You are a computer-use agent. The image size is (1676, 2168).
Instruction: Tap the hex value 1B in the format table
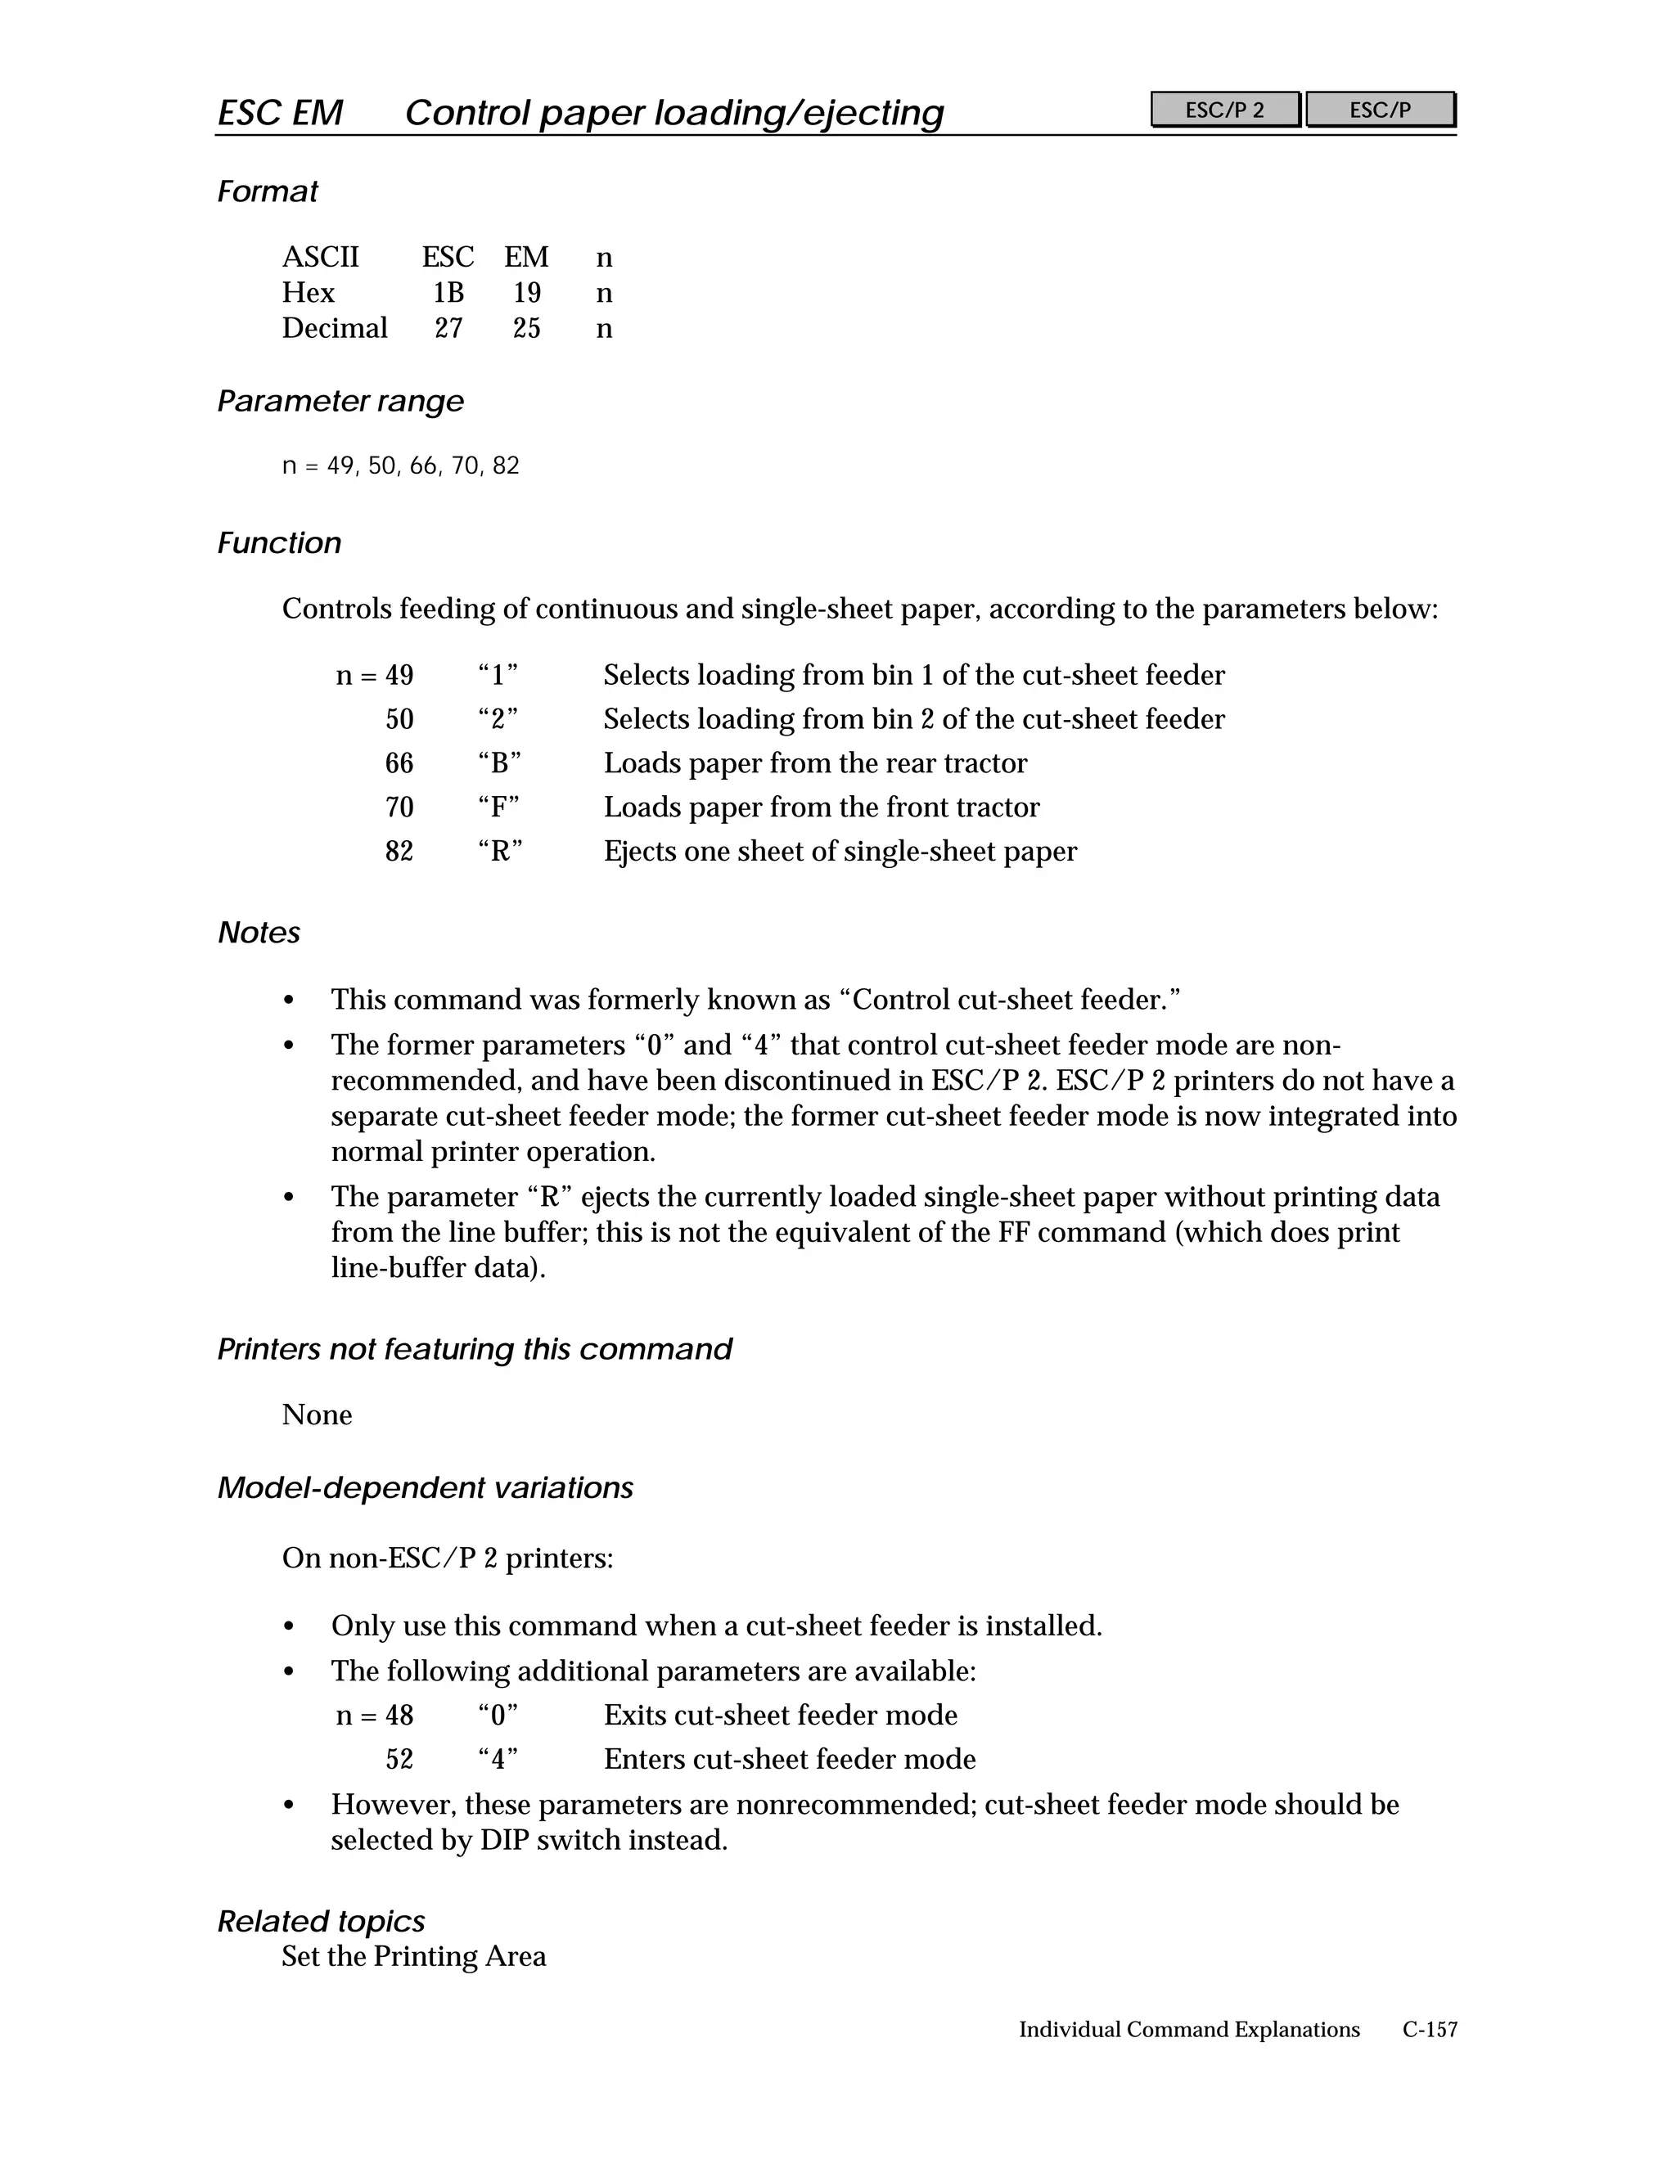coord(448,293)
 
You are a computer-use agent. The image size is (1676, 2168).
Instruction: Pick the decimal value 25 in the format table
coord(526,329)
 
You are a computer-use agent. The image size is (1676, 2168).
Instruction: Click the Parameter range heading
coord(340,401)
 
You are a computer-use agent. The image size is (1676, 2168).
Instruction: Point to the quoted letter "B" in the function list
coord(498,763)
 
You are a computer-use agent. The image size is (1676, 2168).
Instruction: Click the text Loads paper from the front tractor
coord(821,807)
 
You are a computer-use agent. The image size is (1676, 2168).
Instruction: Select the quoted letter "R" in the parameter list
coord(499,852)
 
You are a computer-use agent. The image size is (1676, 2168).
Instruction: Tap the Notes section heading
coord(258,933)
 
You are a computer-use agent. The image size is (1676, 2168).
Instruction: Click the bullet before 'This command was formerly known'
coord(289,1001)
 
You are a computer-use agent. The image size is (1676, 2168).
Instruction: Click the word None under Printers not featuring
coord(317,1415)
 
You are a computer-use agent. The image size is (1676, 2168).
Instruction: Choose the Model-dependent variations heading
coord(425,1488)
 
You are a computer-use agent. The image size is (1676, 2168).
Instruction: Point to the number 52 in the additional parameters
coord(399,1760)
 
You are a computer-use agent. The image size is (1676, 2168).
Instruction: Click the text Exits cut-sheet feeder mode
coord(781,1716)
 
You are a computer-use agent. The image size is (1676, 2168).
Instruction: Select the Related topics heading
coord(321,1922)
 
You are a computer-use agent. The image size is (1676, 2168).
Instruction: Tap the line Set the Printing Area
coord(413,1957)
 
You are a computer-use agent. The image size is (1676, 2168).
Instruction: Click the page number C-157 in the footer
coord(1429,2030)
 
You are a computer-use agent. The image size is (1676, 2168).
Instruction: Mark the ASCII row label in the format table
coord(320,258)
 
